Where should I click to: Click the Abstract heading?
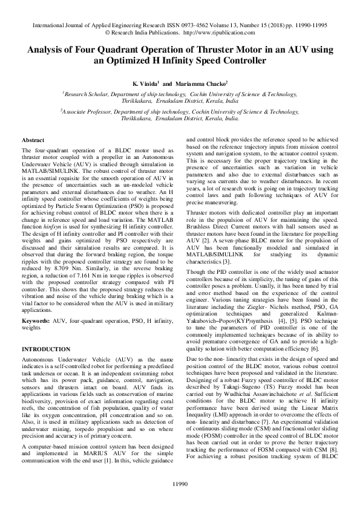coord(33,140)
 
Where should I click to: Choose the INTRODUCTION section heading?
coord(46,350)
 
